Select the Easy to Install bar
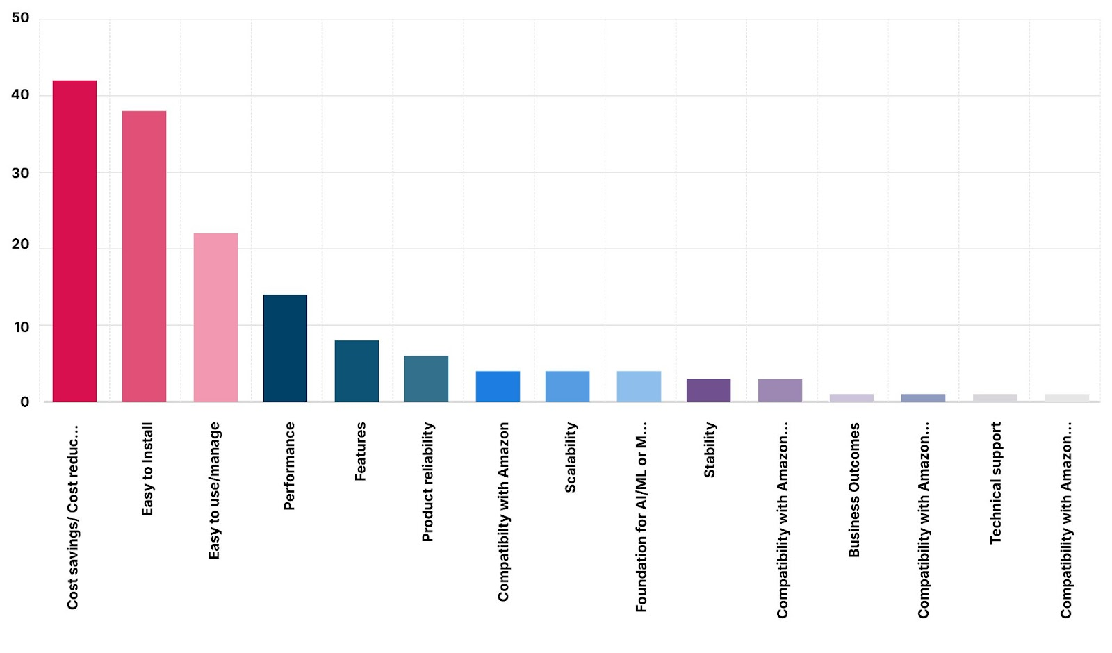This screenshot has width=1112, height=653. tap(144, 256)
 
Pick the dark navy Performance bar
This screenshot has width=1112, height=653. tap(285, 348)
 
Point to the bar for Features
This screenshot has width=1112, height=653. tap(357, 371)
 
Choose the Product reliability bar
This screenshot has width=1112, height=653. tap(426, 379)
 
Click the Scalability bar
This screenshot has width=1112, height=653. tap(567, 386)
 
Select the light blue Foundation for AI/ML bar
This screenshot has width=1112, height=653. tap(639, 386)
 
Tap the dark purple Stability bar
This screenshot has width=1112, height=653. tap(708, 390)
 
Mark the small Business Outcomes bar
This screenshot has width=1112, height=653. tap(851, 397)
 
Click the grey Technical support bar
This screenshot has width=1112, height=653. tap(995, 397)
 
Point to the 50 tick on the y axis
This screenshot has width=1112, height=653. tap(20, 17)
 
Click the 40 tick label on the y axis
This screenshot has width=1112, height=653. tap(20, 94)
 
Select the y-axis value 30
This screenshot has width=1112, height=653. tap(20, 173)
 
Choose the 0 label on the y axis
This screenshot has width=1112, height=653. tap(24, 402)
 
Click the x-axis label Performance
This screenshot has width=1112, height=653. tap(289, 466)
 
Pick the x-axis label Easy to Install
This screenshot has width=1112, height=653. tap(147, 469)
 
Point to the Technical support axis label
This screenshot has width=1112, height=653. tap(995, 483)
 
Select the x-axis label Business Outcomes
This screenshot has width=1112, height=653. tap(854, 490)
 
